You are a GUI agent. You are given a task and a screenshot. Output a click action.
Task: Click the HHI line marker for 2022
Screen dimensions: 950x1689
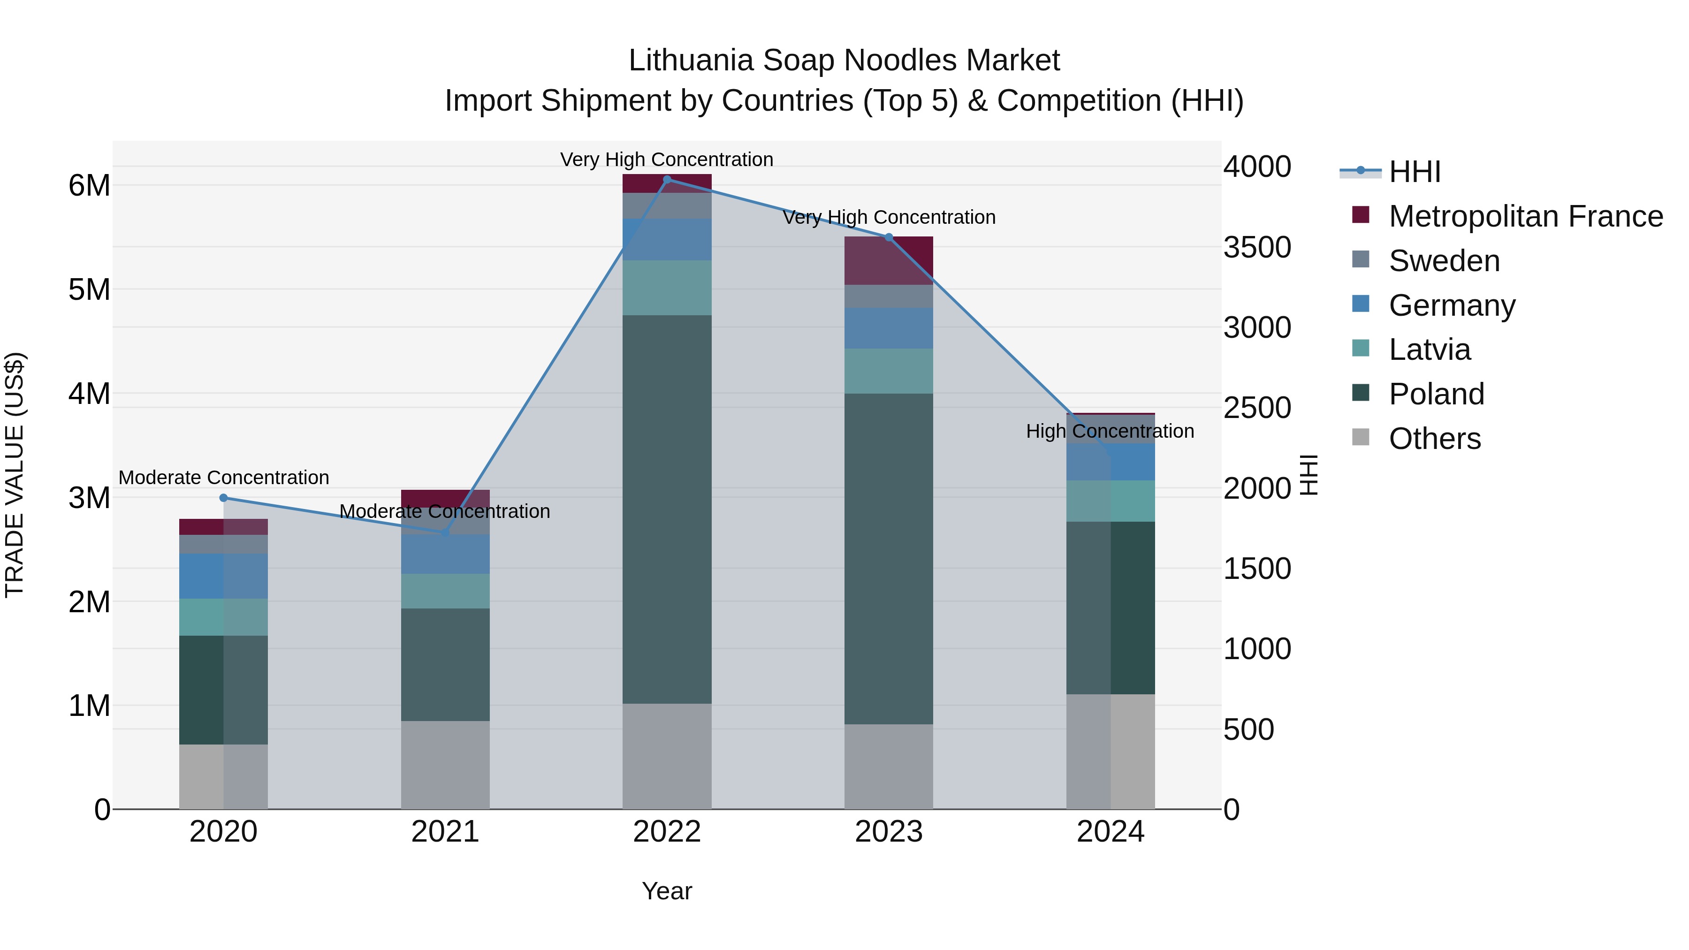click(x=667, y=179)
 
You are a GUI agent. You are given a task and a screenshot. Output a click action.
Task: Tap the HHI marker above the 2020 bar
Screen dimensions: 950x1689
click(x=224, y=498)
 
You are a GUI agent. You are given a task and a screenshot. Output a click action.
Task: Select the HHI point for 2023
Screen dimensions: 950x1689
click(x=889, y=237)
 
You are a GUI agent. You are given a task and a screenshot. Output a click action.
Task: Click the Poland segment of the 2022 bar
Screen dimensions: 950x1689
click(x=667, y=509)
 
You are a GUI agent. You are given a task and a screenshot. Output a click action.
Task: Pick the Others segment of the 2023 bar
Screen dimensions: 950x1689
click(x=889, y=767)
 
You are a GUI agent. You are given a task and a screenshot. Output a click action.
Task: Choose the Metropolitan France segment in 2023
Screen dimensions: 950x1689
click(x=889, y=260)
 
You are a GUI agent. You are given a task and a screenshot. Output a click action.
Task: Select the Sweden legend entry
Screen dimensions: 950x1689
click(x=1444, y=261)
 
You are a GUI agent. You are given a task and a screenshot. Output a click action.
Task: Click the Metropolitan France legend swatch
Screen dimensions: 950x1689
click(x=1361, y=215)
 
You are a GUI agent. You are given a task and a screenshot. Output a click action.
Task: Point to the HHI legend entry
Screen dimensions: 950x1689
click(x=1414, y=172)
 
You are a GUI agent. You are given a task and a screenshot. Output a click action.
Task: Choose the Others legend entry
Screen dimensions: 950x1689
click(x=1434, y=439)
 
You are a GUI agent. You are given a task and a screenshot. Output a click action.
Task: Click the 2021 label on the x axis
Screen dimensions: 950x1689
click(x=445, y=832)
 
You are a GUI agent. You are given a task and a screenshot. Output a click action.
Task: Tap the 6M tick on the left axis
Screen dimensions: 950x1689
click(x=89, y=185)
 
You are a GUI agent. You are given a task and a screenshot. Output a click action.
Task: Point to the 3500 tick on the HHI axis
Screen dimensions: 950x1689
click(x=1257, y=248)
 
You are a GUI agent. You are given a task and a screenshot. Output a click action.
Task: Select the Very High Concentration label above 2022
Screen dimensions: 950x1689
click(x=666, y=160)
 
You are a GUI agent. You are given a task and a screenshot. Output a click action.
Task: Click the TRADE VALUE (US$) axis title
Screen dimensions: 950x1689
click(x=15, y=475)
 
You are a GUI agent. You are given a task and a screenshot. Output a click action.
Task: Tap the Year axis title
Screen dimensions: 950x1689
click(x=667, y=891)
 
